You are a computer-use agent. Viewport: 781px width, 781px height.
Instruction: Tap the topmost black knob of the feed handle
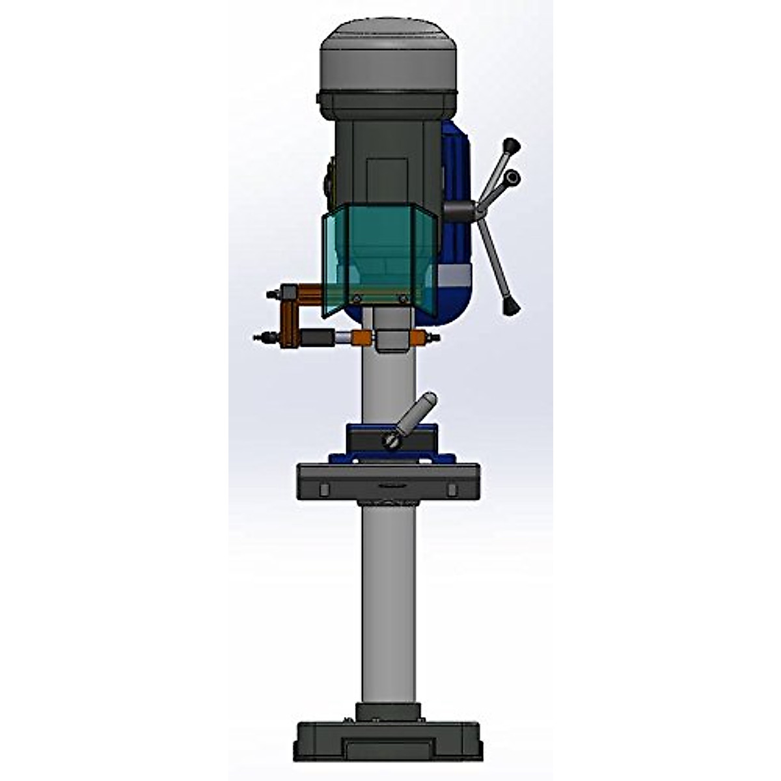513,144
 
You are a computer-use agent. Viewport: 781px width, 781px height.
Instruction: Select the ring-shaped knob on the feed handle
514,176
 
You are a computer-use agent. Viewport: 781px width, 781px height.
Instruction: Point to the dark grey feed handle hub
461,210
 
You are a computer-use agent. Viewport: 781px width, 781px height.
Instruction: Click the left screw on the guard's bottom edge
356,298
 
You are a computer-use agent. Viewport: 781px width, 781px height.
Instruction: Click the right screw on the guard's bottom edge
404,298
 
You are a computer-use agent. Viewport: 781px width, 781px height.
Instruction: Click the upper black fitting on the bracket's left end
271,295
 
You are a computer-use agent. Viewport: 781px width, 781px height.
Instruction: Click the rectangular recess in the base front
388,748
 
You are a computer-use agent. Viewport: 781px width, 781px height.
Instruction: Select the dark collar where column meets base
388,711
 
